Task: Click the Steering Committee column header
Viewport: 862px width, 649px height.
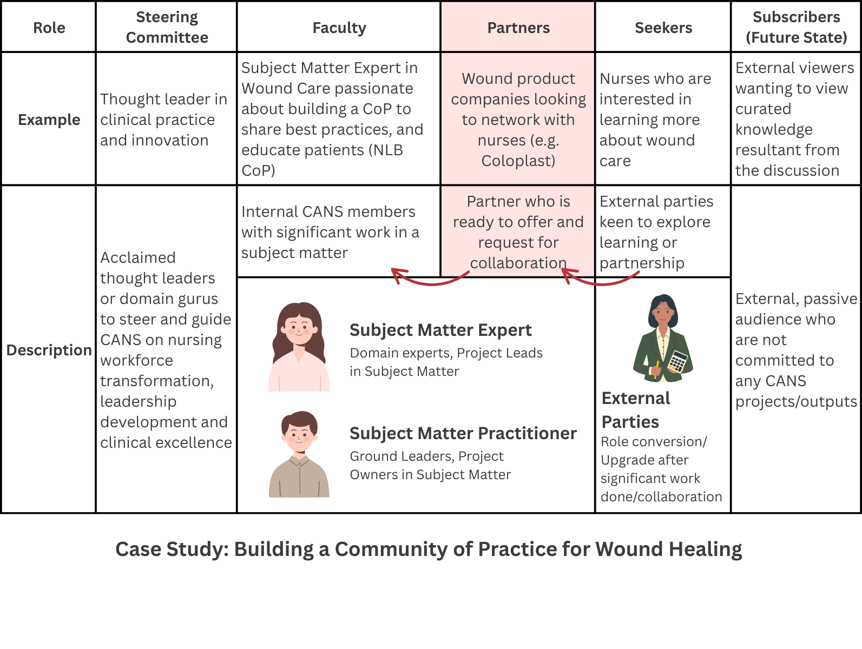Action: tap(167, 27)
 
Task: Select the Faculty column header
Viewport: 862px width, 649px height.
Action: tap(339, 28)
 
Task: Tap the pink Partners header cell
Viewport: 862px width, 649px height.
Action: tap(518, 28)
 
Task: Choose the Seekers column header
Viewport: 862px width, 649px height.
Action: tap(663, 28)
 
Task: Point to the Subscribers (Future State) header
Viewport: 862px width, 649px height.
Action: tap(796, 27)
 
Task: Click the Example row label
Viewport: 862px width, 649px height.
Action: tap(49, 120)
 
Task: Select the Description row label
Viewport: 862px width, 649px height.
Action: tap(49, 350)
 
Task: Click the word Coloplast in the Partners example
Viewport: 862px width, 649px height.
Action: tap(517, 161)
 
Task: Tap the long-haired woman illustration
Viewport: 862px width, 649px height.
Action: tap(299, 346)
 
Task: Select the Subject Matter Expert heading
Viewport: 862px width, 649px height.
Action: tap(440, 330)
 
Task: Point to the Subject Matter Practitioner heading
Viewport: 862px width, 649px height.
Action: tap(463, 433)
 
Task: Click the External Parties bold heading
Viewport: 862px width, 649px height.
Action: tap(636, 409)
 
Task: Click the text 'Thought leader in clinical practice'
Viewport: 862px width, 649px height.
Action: tap(163, 109)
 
